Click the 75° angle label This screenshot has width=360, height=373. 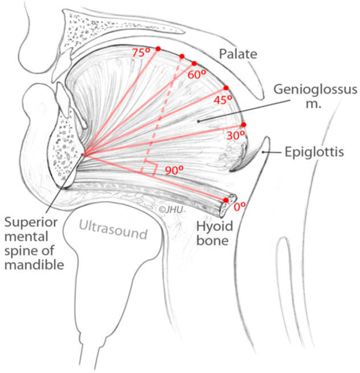141,53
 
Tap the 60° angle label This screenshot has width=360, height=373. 196,75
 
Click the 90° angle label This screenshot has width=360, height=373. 174,170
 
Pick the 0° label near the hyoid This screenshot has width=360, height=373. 240,206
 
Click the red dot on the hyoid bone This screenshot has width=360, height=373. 226,200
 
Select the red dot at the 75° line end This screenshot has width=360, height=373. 158,49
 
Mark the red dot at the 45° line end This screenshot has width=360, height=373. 226,88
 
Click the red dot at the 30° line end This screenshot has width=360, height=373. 243,125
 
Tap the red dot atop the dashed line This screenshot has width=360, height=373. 182,56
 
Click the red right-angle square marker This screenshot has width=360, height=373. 149,169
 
